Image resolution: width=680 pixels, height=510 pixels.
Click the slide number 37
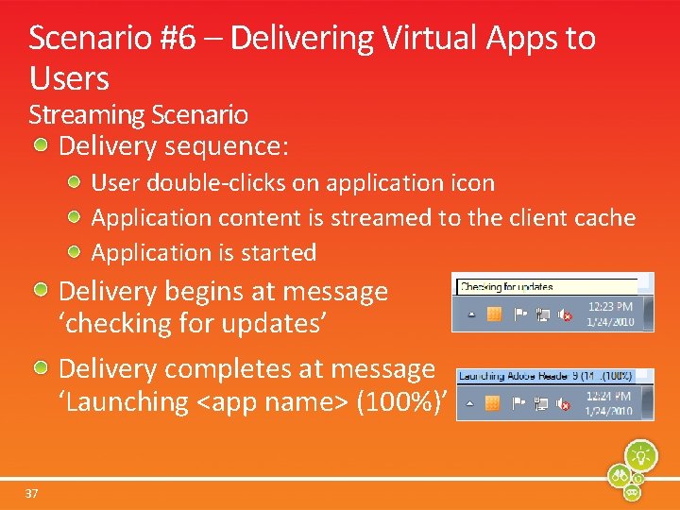(32, 493)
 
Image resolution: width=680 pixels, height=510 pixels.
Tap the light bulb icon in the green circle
(641, 454)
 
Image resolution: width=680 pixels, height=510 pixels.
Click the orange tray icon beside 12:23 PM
(492, 314)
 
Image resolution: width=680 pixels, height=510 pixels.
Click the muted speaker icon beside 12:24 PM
(563, 404)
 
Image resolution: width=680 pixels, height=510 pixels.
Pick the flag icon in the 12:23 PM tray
(518, 314)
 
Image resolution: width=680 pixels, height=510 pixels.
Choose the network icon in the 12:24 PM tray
(540, 404)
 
